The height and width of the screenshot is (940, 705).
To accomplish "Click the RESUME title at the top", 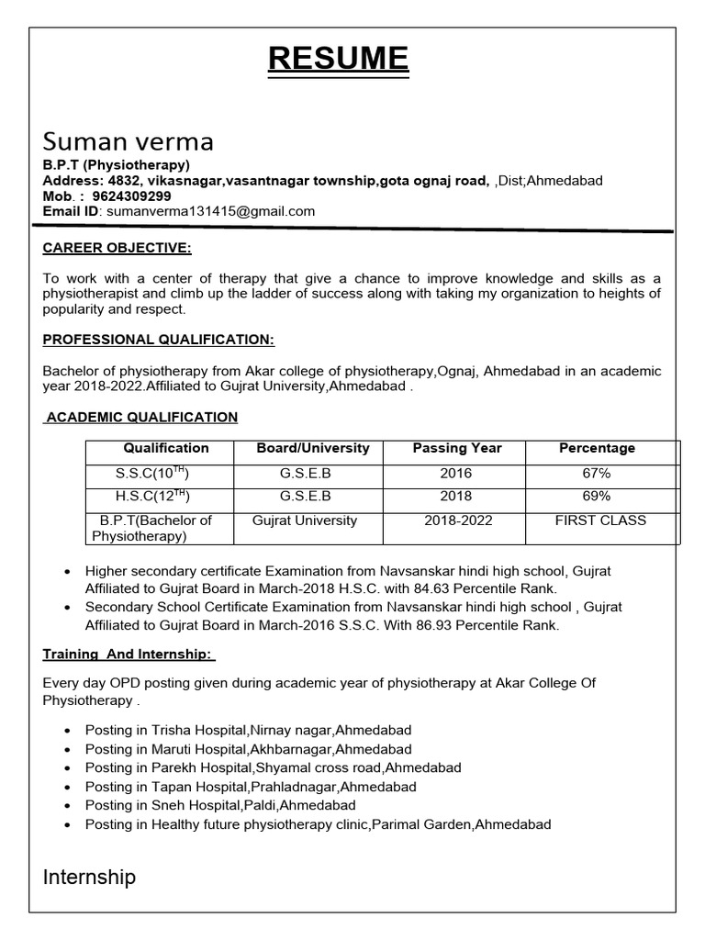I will tap(338, 59).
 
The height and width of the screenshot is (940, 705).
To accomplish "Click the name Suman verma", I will tap(129, 141).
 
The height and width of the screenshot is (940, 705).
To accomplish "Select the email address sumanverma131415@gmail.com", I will tap(211, 211).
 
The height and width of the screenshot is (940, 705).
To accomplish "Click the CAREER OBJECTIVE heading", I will tap(117, 249).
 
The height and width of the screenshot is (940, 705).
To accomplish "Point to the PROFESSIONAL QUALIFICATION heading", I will tap(159, 340).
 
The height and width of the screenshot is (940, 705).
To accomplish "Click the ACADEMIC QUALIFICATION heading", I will tap(141, 418).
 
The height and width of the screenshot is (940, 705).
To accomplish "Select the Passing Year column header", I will tap(456, 449).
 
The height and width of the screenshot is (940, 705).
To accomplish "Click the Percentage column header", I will tap(597, 449).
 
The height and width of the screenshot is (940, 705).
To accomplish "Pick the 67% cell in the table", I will tap(597, 474).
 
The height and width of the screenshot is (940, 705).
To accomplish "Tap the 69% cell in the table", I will tap(597, 497).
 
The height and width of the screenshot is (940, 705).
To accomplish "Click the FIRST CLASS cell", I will tap(600, 520).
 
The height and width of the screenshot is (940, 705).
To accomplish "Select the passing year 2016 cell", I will tap(456, 474).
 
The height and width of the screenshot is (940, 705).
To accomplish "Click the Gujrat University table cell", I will tap(305, 520).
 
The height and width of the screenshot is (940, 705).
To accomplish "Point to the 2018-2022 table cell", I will tap(458, 520).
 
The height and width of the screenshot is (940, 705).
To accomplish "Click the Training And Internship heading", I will tap(129, 655).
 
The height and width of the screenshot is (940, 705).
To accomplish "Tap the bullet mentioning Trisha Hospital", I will tap(248, 730).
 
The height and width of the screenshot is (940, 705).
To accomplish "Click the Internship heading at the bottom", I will tap(90, 878).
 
